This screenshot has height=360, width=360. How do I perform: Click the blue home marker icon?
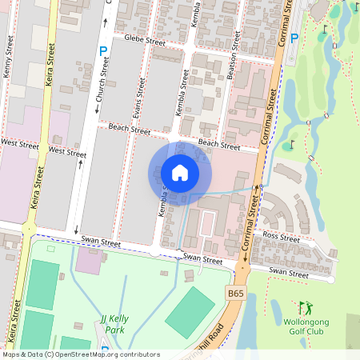pyautogui.click(x=180, y=173)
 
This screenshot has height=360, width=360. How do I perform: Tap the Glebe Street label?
pyautogui.click(x=143, y=40)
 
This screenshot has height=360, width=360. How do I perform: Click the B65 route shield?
pyautogui.click(x=234, y=294)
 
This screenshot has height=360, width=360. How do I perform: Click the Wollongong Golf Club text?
pyautogui.click(x=307, y=326)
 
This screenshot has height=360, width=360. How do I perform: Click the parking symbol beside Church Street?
pyautogui.click(x=102, y=51)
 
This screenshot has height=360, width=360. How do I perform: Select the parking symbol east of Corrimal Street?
pyautogui.click(x=294, y=38)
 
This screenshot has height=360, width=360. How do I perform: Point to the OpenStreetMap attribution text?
pyautogui.click(x=80, y=354)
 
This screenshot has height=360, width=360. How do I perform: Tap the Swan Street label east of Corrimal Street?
pyautogui.click(x=288, y=273)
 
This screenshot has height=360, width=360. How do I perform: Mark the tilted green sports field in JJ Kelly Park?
pyautogui.click(x=190, y=310)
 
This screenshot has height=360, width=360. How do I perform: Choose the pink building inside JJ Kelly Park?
pyautogui.click(x=89, y=260)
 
